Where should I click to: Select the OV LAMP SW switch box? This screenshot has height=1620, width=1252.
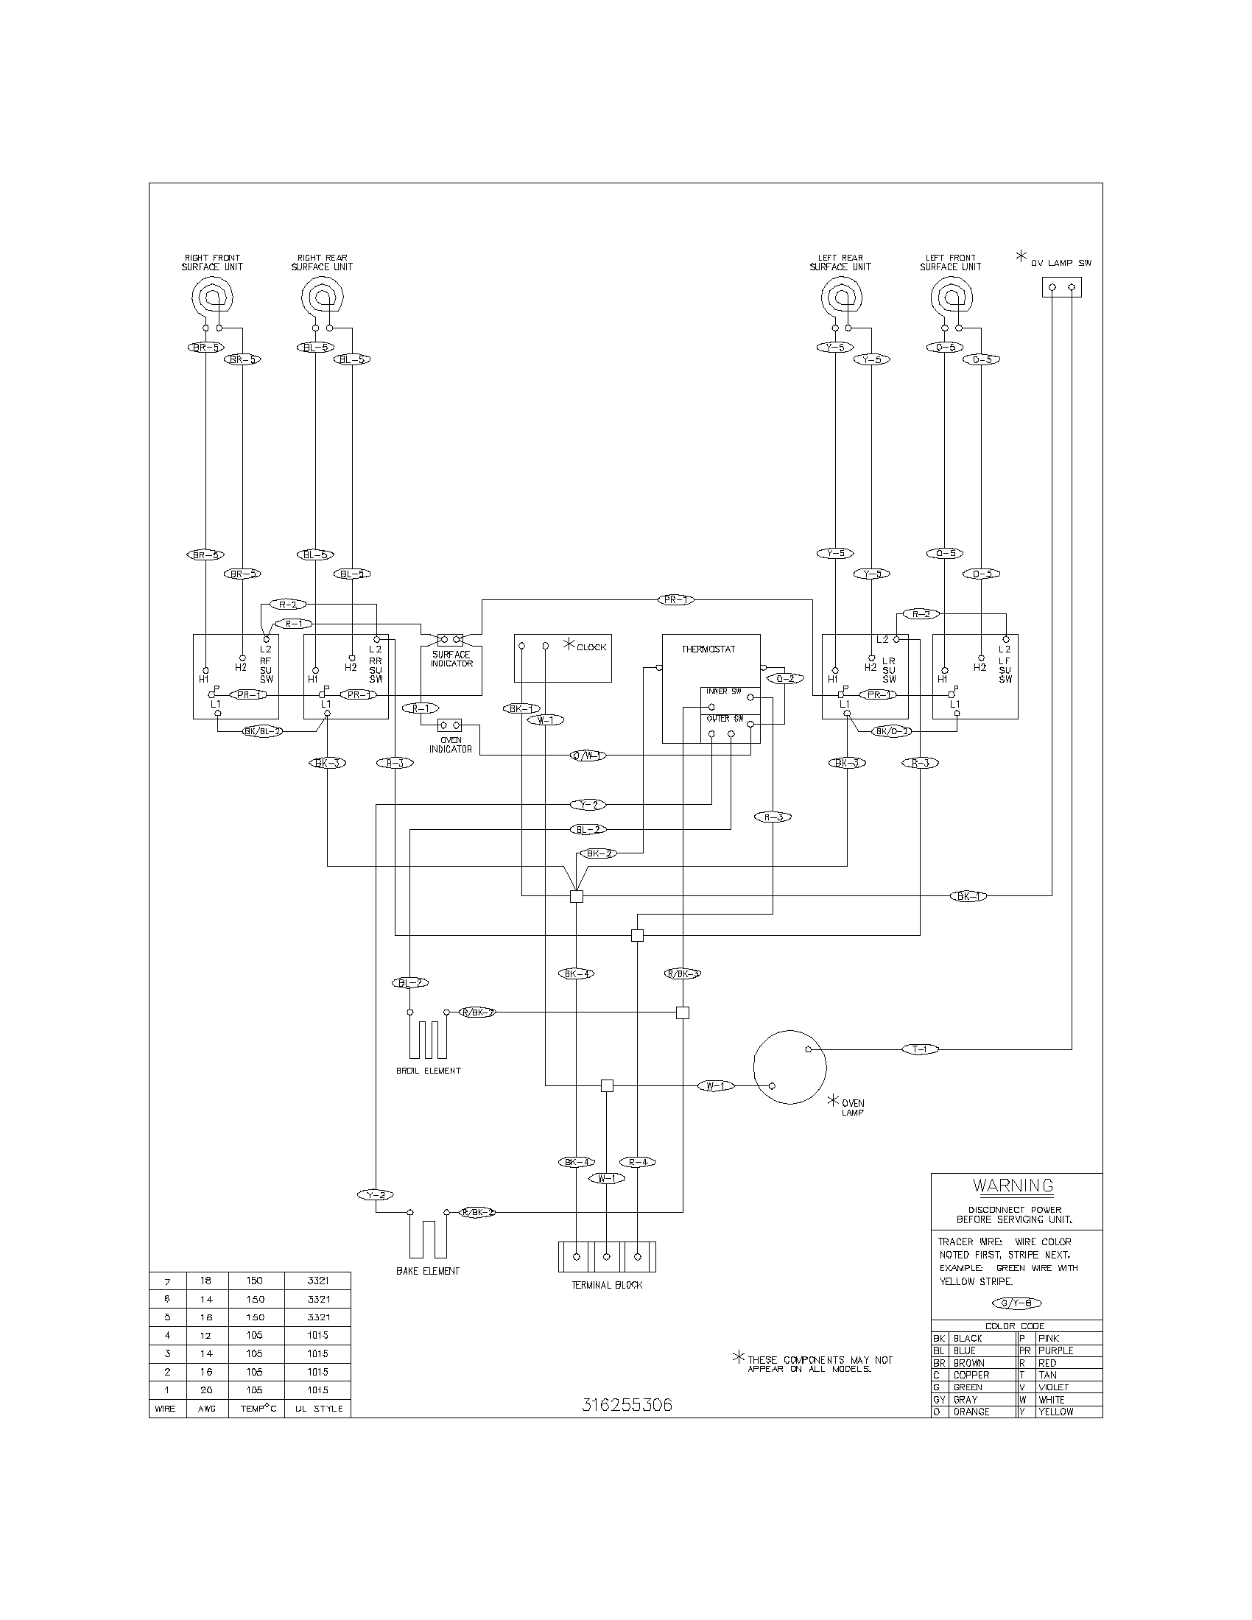pos(1061,287)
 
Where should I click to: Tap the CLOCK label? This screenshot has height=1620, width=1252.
pos(591,647)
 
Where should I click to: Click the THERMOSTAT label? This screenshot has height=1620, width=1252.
pos(708,649)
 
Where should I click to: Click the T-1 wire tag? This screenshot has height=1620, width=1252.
pos(921,1049)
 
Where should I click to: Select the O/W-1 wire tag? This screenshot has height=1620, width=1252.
pos(588,755)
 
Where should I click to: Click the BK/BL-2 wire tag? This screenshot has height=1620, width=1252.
pos(263,731)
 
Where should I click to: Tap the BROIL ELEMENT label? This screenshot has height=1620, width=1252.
pos(428,1071)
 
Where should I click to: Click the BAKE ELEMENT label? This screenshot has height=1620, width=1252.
pos(427,1271)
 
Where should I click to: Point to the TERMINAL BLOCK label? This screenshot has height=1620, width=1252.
pos(607,1285)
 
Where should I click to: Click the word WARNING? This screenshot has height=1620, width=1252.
pos(1013,1186)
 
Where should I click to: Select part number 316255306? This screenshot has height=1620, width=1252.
pos(627,1406)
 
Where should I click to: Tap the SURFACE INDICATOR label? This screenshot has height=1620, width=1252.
pos(451,659)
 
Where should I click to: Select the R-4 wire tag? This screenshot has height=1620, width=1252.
pos(638,1161)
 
